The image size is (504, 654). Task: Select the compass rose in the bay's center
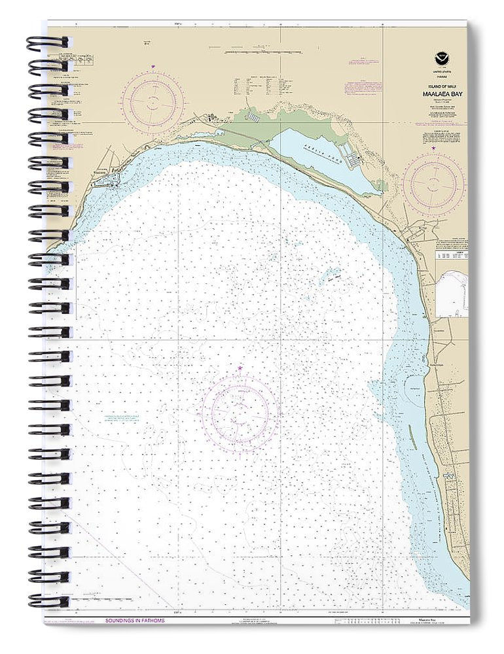240,412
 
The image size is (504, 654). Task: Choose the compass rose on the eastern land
433,184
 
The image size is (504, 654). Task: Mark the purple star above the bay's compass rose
240,369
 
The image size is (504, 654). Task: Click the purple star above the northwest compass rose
153,67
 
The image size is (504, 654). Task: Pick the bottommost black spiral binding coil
47,601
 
